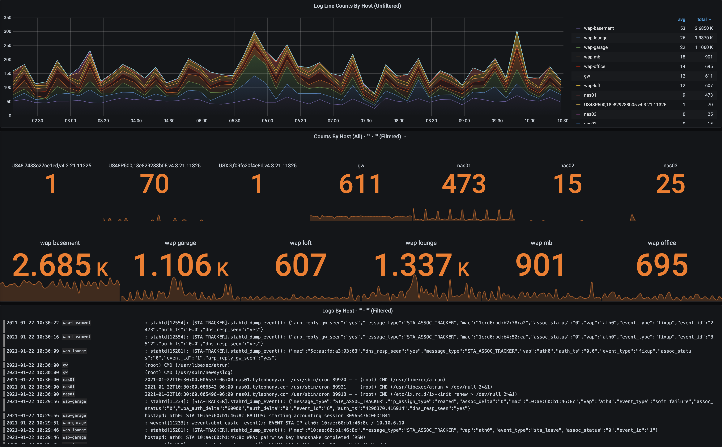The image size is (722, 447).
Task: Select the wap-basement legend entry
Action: (599, 28)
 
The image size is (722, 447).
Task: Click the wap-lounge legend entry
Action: (596, 38)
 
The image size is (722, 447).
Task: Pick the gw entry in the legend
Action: (587, 76)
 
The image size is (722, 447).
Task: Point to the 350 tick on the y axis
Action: (8, 18)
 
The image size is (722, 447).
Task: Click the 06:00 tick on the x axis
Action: (267, 121)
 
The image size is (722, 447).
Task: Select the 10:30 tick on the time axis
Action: (562, 121)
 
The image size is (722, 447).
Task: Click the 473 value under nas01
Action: (464, 184)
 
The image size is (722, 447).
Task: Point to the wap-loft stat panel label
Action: (301, 243)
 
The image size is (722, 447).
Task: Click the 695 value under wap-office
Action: (662, 265)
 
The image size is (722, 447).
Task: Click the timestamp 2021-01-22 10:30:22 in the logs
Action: (32, 322)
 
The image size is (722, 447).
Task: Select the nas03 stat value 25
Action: (670, 184)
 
